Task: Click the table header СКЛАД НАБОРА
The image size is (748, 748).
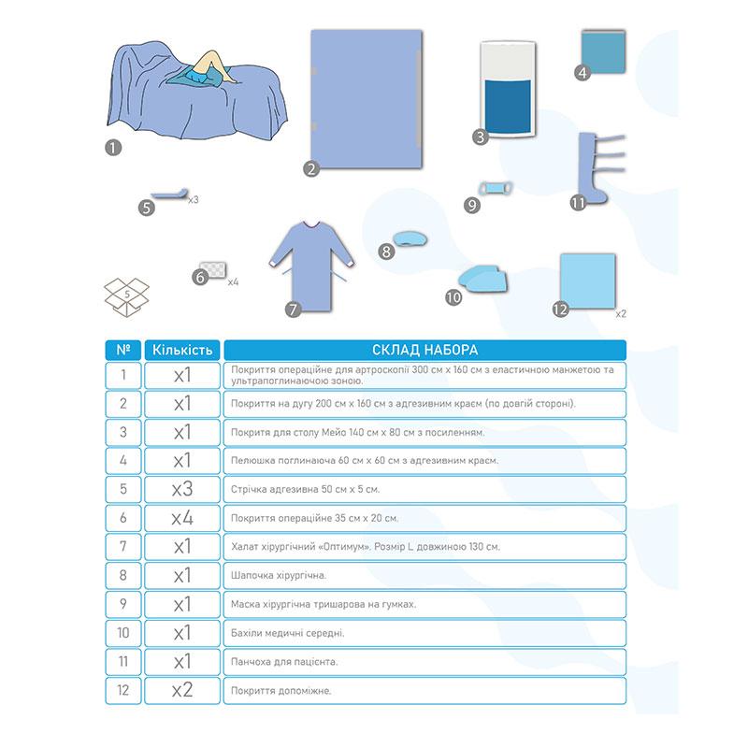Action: (425, 351)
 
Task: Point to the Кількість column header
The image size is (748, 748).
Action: (181, 351)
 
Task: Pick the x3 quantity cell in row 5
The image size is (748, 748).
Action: (181, 488)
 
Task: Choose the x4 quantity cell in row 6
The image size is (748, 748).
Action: (181, 517)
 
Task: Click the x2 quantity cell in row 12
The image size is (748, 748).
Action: (181, 691)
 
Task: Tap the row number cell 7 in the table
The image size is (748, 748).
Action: (124, 546)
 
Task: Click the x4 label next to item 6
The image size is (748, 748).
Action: (234, 280)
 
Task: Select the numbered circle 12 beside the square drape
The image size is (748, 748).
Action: (560, 309)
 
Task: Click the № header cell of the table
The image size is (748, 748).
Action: (124, 351)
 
